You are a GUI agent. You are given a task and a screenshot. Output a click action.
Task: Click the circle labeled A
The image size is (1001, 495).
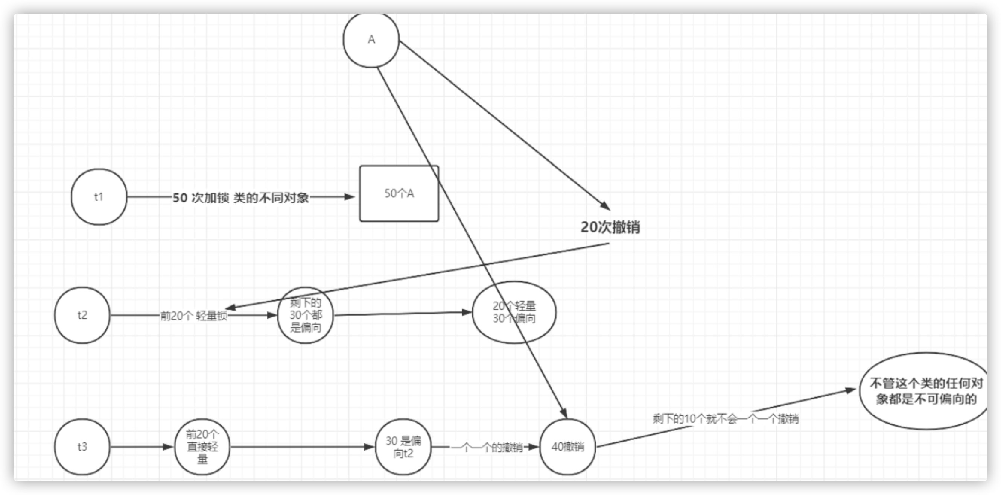[x=371, y=39]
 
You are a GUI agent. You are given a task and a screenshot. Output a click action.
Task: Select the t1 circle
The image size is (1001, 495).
[x=99, y=197]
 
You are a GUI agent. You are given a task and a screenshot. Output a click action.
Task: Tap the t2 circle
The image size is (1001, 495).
[x=82, y=315]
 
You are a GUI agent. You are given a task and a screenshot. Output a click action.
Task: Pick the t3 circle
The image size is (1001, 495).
[x=82, y=447]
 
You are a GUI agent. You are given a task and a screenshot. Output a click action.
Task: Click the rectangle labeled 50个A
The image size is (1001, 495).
[x=399, y=193]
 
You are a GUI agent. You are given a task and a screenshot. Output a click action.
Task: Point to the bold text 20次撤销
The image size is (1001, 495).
[x=610, y=227]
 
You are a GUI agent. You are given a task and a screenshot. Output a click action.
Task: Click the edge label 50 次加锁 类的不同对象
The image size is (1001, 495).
[x=240, y=198]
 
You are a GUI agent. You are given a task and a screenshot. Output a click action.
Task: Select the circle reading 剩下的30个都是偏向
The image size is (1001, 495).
[x=306, y=315]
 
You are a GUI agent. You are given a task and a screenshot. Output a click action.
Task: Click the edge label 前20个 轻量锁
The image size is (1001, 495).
[x=193, y=316]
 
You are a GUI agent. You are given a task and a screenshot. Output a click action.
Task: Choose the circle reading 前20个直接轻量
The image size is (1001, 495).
[x=202, y=447]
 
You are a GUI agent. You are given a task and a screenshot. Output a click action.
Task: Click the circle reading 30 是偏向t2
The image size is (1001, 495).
[x=403, y=447]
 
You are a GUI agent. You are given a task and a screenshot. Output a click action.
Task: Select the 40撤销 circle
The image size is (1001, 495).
[x=567, y=447]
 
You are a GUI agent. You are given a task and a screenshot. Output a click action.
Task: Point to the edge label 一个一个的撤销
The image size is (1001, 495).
[x=487, y=448]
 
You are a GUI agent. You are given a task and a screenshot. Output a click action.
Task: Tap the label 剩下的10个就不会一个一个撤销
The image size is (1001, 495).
[x=725, y=419]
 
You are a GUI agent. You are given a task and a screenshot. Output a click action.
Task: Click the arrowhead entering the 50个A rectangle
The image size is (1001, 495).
[x=350, y=197]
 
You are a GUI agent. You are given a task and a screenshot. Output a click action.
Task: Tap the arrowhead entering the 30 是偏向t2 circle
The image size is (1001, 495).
[x=370, y=447]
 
